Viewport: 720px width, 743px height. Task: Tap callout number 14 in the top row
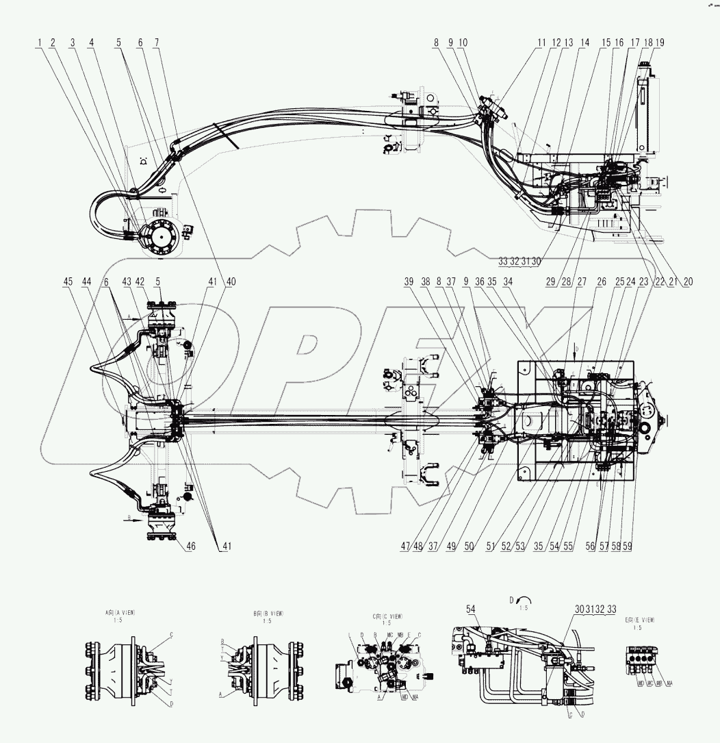[x=584, y=42]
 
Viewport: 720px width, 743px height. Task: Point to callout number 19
[x=659, y=42]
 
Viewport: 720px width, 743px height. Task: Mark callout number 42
[x=140, y=281]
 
